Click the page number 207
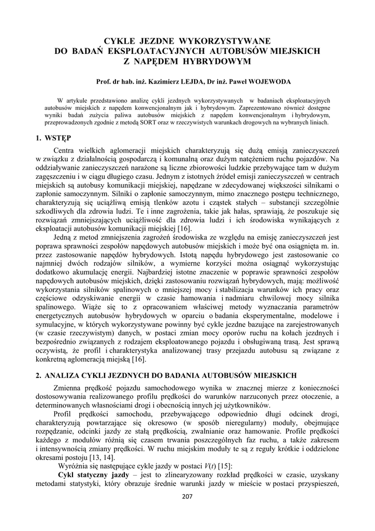click(187, 496)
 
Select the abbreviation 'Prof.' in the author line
click(104, 81)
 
